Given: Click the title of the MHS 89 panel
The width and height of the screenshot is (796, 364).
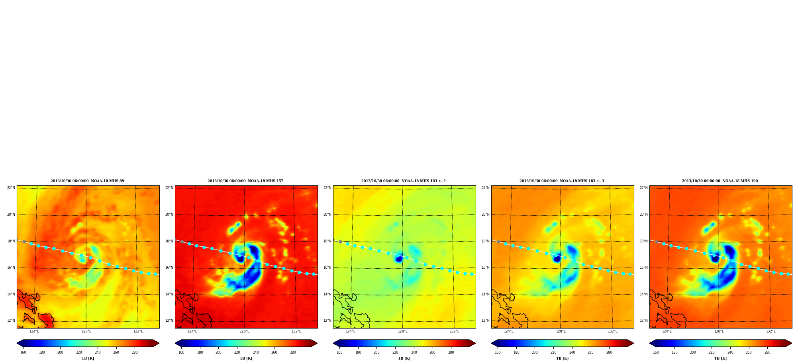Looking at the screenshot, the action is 87,181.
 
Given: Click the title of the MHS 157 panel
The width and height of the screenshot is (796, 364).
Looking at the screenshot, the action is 245,181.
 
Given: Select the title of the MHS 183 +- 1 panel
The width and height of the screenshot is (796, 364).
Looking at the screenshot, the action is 404,181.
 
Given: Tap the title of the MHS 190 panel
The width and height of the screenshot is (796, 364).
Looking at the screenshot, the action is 720,181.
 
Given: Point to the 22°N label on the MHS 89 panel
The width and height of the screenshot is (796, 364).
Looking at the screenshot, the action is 11,188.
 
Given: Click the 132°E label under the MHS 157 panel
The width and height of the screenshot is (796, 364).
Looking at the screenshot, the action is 296,331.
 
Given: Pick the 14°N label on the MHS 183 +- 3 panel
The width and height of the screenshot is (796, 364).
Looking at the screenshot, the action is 485,294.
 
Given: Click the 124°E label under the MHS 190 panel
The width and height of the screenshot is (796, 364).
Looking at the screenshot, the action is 667,331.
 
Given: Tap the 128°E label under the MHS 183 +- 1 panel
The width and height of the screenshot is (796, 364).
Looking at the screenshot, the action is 402,331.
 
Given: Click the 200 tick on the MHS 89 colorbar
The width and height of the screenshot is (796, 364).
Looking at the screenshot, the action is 60,352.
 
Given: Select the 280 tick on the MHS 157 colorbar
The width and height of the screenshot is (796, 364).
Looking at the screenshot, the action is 293,352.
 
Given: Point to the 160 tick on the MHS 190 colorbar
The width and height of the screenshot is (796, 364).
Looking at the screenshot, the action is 656,352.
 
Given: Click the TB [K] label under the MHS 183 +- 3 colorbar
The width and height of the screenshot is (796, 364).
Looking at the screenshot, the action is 562,358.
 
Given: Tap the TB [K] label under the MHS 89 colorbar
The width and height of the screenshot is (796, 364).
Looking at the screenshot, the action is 88,358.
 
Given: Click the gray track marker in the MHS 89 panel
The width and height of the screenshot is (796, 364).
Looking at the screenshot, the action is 24,242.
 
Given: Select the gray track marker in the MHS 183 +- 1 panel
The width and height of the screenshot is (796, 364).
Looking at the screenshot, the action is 340,242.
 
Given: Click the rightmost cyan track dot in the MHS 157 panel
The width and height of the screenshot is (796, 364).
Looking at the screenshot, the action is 314,274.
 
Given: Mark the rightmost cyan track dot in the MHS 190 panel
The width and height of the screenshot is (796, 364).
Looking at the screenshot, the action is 788,274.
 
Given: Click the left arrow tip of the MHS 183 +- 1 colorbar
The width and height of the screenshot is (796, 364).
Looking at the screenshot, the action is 333,343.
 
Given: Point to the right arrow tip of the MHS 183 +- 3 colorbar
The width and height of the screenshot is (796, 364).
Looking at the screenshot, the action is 633,343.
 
